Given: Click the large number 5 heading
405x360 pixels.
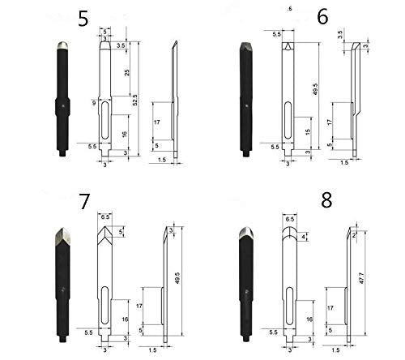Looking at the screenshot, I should [x=84, y=20].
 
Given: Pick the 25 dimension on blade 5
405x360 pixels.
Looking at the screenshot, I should [x=127, y=73].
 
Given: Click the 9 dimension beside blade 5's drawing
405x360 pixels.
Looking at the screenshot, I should [x=95, y=103].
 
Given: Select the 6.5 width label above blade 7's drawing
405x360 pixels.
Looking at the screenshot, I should [x=105, y=217].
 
